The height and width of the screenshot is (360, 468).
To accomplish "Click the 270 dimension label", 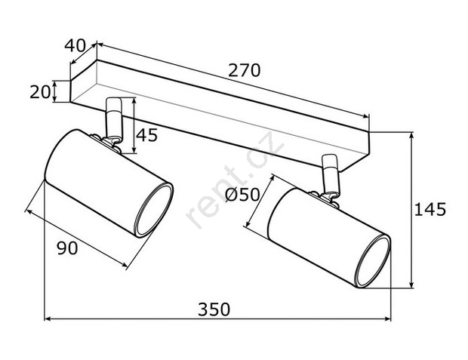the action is pos(244,70).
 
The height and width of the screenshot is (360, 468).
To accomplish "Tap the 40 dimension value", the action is pos(75,46).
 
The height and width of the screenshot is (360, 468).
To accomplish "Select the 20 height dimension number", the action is pos(40,91).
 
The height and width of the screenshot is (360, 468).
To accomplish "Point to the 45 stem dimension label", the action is pos(146,135).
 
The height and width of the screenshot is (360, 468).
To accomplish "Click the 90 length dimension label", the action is pos(67,248).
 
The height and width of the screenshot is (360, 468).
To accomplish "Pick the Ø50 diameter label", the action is pos(242,195).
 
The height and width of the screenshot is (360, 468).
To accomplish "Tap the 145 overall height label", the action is pos(430,209).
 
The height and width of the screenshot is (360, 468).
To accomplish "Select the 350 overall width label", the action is pos(214,309).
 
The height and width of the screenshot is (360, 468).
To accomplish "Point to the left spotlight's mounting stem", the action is pos(114,118).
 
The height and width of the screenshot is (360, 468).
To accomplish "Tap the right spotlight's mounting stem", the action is pos(331,174).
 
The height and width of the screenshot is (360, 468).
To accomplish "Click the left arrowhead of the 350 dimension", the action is pos(47,318).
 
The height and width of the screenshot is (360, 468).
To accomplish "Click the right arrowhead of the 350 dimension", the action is pos(388,318).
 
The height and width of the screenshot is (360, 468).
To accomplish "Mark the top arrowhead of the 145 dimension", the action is pos(411,135).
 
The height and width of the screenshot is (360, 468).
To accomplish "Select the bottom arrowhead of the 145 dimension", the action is pos(411,285).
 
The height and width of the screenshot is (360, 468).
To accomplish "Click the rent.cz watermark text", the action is pos(235,180).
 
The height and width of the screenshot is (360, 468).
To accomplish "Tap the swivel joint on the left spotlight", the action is pos(108,142).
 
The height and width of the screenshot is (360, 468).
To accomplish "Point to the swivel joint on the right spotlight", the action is pos(325,198).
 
